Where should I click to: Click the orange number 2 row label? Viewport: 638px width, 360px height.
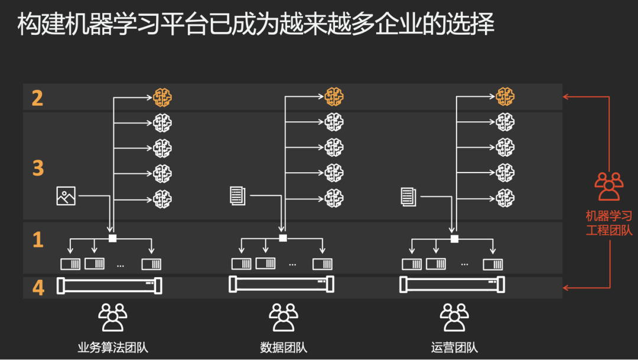[37, 98]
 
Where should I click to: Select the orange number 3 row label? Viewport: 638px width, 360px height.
[38, 168]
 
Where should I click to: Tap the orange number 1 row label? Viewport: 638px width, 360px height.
[38, 240]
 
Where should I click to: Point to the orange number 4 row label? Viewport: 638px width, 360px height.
[38, 287]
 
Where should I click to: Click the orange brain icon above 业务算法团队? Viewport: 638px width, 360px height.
[162, 97]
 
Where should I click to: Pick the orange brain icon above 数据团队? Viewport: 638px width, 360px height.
[334, 96]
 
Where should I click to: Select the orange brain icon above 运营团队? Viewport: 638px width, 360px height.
[504, 96]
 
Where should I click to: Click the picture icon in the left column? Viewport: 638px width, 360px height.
[66, 196]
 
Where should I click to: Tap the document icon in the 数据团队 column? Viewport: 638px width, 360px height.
[237, 196]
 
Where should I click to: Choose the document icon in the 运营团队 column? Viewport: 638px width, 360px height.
[408, 196]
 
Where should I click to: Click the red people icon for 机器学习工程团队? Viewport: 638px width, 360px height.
[608, 186]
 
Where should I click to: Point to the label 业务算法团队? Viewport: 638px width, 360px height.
[112, 347]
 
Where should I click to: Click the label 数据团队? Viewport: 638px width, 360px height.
[284, 347]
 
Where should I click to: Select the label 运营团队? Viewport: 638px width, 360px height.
[454, 347]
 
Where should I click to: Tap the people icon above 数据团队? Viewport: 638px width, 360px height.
[284, 317]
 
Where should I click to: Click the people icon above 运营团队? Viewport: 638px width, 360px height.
[454, 317]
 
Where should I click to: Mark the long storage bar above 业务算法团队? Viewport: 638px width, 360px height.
[109, 286]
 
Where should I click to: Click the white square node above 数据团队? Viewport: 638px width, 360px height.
[283, 238]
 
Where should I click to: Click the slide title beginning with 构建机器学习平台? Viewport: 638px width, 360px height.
[256, 25]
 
